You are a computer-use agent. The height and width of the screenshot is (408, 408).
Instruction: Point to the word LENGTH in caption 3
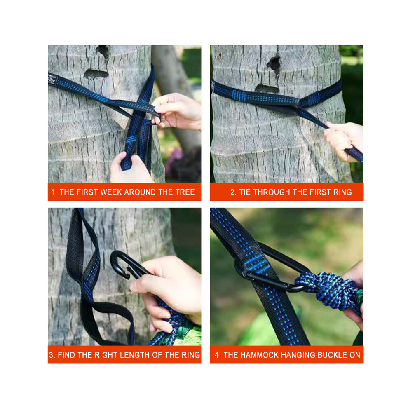click(138, 355)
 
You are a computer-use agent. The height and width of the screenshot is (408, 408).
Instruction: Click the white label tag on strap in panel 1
click(52, 80)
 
